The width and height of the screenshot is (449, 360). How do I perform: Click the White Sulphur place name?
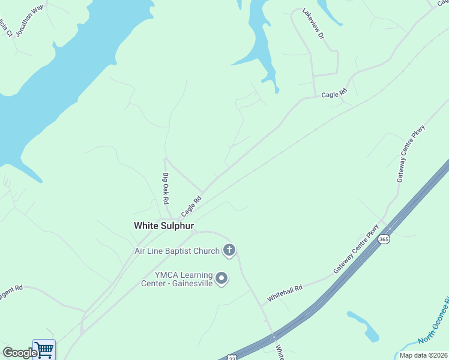(x=164, y=226)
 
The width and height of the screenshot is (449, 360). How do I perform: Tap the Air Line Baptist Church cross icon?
(x=229, y=250)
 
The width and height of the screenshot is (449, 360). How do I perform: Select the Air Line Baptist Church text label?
(x=178, y=250)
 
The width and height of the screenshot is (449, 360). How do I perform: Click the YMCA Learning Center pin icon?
(x=222, y=278)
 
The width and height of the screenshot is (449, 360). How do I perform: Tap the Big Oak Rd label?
(x=166, y=188)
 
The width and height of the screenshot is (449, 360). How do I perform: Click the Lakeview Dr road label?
(x=313, y=24)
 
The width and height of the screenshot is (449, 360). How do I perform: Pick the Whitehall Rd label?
(x=286, y=294)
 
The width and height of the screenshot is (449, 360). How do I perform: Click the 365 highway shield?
(x=384, y=239)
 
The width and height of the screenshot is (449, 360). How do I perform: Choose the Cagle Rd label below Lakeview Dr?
(x=334, y=94)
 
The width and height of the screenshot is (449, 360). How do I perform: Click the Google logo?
(x=20, y=353)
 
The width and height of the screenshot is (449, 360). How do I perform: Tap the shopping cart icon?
(x=44, y=350)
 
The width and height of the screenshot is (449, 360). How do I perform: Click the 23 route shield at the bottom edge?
(x=232, y=357)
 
